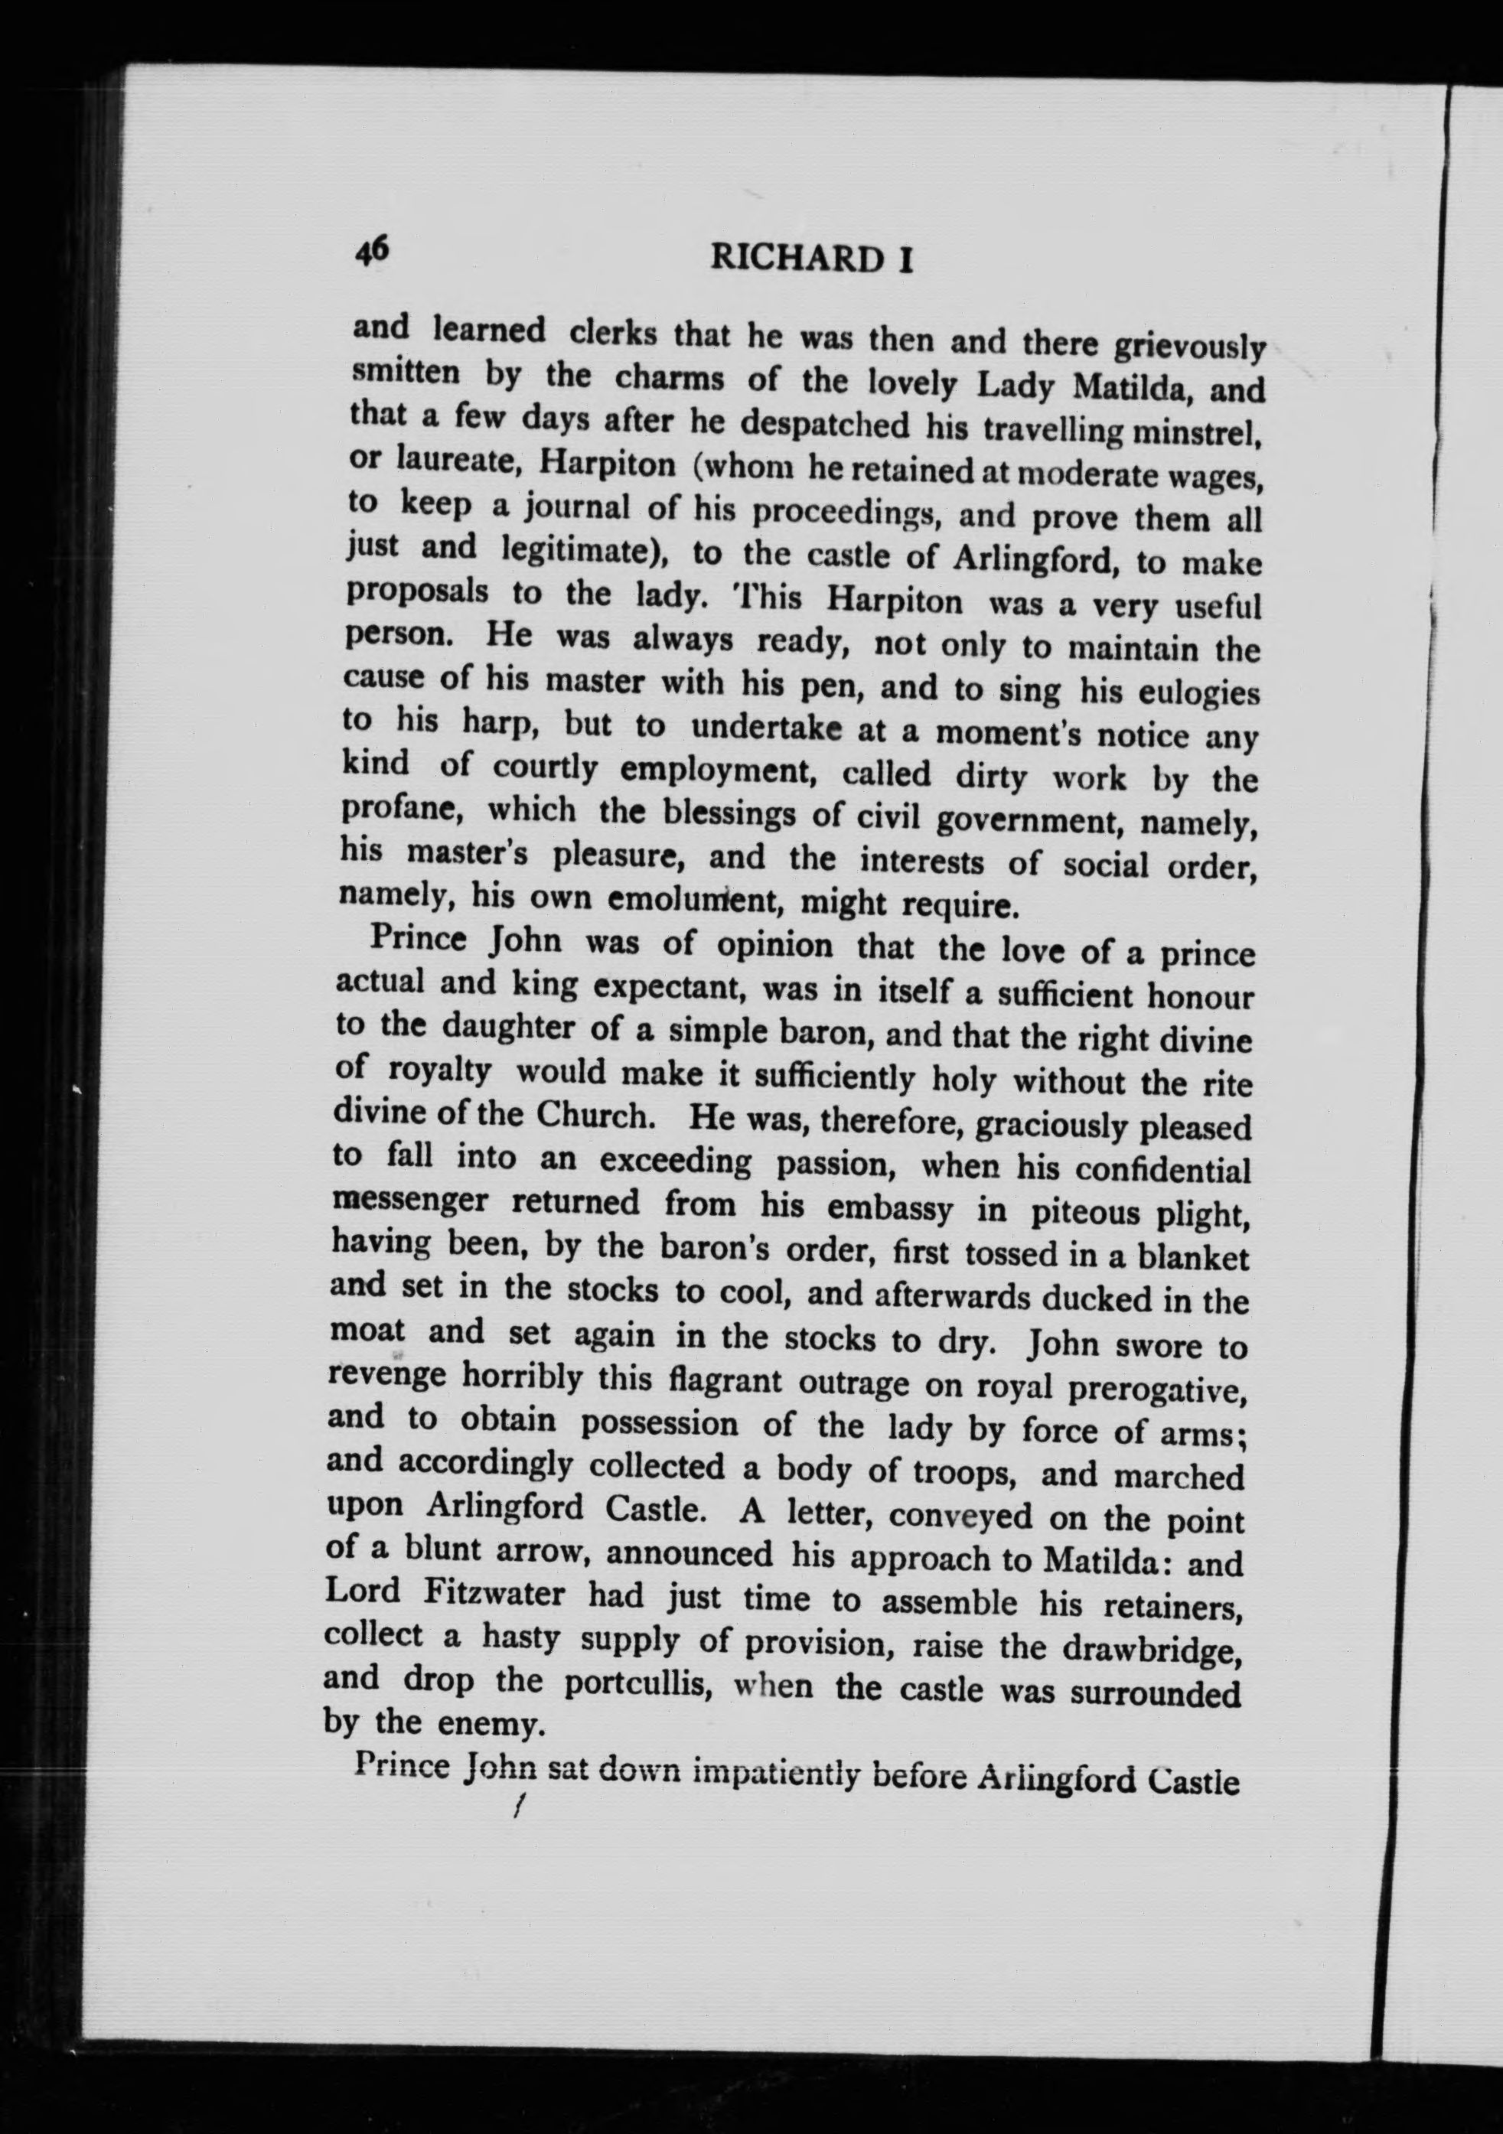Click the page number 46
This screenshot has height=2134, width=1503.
click(x=372, y=250)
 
